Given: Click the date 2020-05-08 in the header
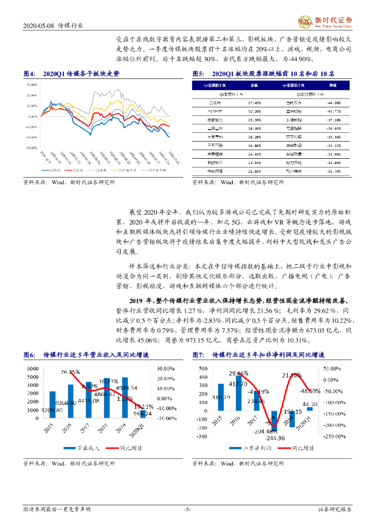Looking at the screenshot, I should point(38,25).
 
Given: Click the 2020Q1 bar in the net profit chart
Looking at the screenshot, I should point(310,409).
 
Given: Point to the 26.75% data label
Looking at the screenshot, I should point(70,372).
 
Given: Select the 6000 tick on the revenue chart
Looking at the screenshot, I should point(33,369).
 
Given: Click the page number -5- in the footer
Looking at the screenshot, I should point(187,510).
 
